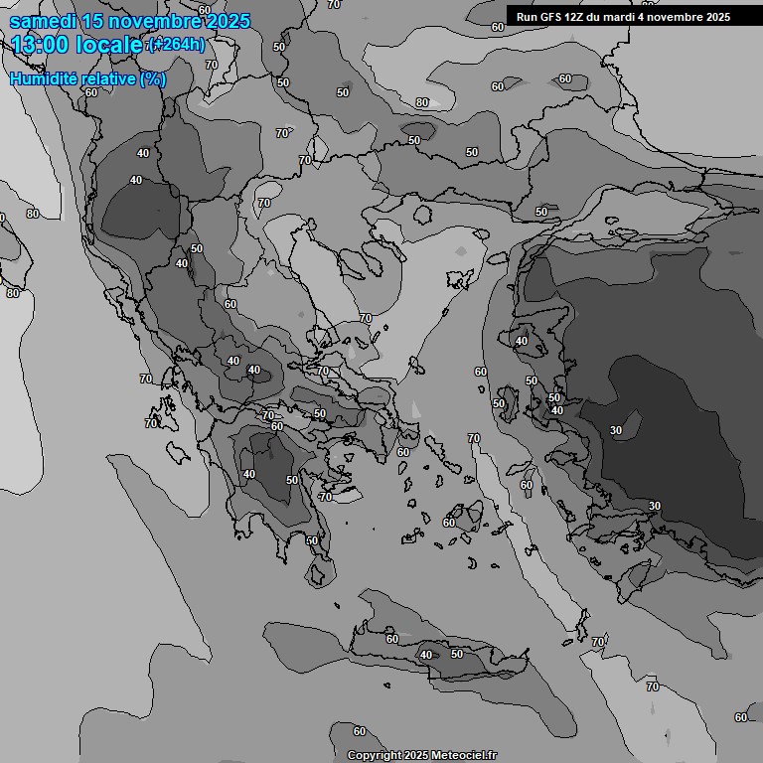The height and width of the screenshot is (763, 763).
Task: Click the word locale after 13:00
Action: pyautogui.click(x=112, y=45)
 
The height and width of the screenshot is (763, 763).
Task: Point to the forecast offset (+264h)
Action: pyautogui.click(x=177, y=45)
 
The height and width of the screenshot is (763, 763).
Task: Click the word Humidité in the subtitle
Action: pyautogui.click(x=43, y=78)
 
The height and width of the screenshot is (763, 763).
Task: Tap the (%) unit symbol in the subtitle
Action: pyautogui.click(x=153, y=78)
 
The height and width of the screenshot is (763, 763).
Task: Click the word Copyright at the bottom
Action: pyautogui.click(x=375, y=755)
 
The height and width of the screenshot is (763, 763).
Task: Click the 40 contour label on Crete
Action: pyautogui.click(x=426, y=655)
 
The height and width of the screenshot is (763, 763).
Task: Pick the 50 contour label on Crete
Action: pyautogui.click(x=457, y=654)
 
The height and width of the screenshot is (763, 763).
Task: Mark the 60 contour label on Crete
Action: pyautogui.click(x=391, y=639)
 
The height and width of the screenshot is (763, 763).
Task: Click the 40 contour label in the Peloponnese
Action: pyautogui.click(x=248, y=474)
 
